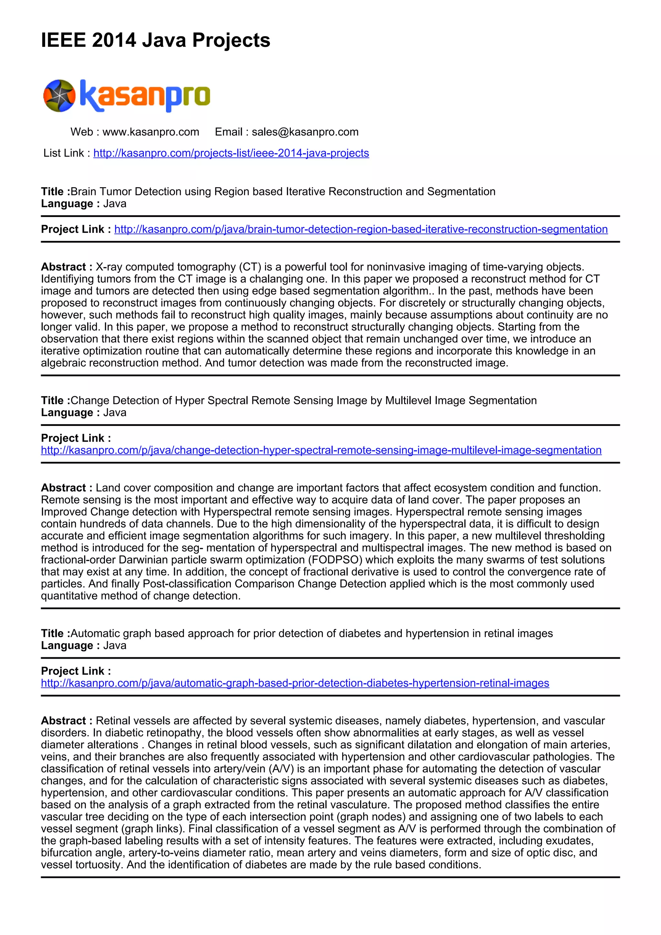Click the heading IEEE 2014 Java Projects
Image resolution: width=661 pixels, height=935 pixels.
coord(156,40)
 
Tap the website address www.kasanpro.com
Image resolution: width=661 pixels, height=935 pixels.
coord(151,132)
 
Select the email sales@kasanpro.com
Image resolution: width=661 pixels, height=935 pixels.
coord(305,132)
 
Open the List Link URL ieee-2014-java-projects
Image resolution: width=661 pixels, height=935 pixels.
coord(231,153)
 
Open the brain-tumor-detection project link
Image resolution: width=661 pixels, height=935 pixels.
coord(361,229)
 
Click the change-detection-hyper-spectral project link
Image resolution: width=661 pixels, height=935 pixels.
coord(321,450)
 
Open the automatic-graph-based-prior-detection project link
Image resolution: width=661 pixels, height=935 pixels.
coord(295,683)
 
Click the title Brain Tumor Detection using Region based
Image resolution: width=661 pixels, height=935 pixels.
coord(282,192)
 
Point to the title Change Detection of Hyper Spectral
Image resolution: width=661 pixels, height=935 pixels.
coord(303,401)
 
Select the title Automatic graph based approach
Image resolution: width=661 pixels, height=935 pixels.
coord(311,634)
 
